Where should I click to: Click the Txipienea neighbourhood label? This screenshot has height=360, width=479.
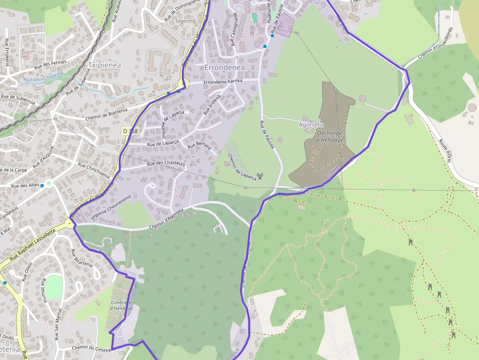tap(105, 64)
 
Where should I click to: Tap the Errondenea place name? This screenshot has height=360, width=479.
tap(225, 67)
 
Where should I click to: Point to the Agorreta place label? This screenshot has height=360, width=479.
tap(310, 125)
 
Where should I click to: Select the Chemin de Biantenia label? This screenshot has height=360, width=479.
tap(106, 114)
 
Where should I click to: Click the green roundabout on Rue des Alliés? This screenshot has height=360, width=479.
tap(48, 184)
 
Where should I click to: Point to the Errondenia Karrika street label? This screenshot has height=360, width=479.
tap(222, 81)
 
